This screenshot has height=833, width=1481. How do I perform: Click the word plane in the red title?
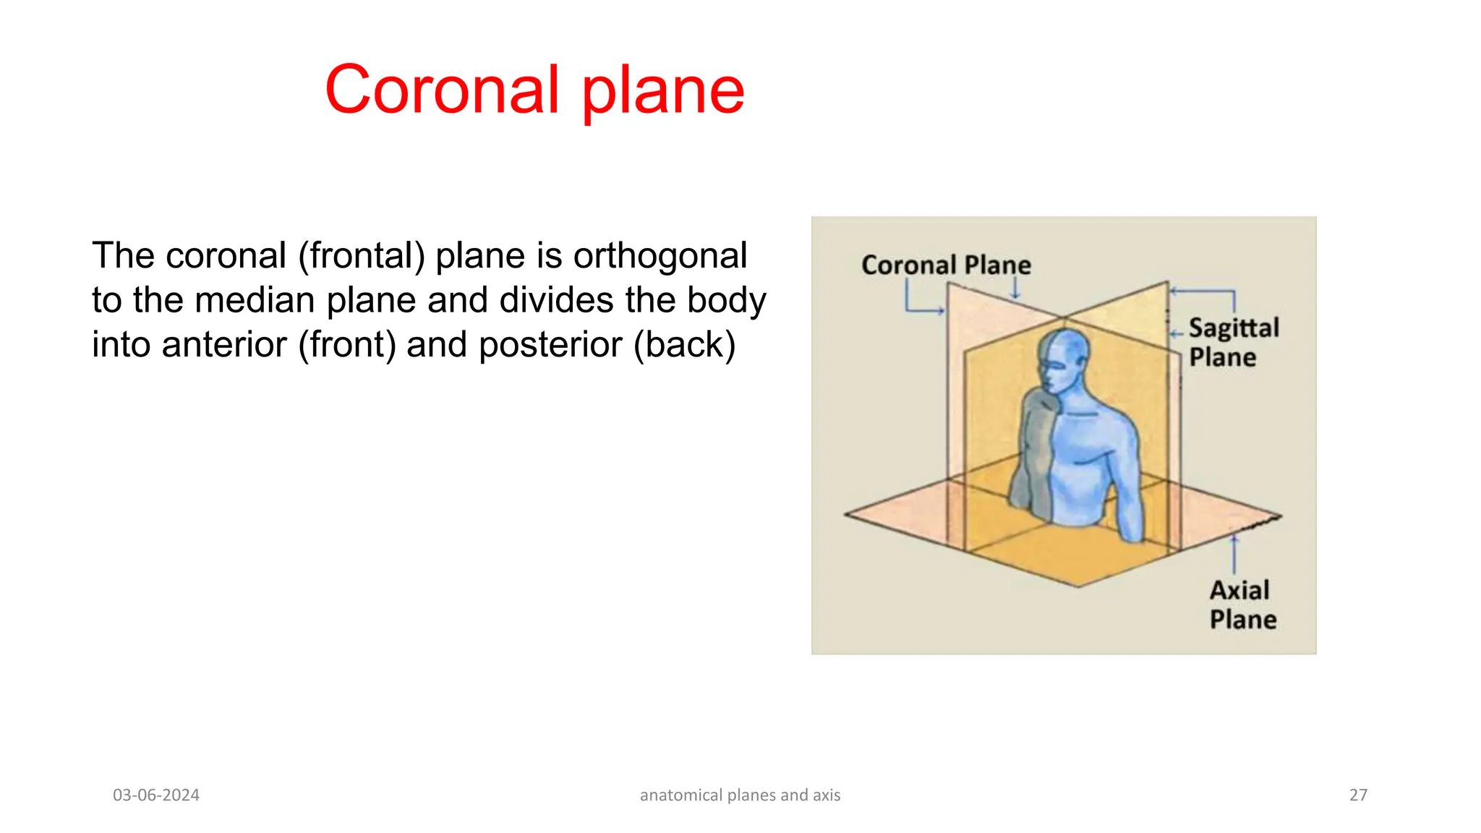[x=662, y=91]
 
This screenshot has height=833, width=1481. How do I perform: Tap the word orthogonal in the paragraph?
[x=660, y=256]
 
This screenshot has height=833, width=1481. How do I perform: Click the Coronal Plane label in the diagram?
[x=946, y=265]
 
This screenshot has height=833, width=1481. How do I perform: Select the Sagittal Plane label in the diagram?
[x=1232, y=342]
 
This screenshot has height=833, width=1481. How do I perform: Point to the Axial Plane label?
[x=1242, y=605]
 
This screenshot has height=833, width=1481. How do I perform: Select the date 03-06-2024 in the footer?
[x=156, y=795]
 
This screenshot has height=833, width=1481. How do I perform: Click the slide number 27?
[x=1358, y=795]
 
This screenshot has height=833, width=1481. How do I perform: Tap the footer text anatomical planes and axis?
[x=740, y=795]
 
